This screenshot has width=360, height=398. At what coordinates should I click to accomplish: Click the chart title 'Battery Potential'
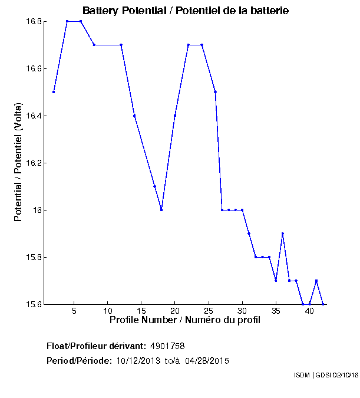pos(186,11)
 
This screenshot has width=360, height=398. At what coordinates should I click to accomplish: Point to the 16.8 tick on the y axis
pos(34,21)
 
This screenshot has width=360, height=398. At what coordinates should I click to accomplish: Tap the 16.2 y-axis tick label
pos(34,163)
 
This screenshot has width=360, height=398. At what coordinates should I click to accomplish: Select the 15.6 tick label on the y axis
pos(34,304)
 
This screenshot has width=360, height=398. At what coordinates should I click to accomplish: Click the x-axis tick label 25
pos(208,311)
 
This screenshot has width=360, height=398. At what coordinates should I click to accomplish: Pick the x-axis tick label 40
pos(309,311)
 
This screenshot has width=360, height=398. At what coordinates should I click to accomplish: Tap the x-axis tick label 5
pos(74,311)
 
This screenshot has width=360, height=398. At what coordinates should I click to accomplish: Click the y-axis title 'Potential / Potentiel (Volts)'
pos(18,163)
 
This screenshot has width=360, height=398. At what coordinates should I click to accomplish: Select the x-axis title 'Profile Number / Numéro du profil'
pos(184,320)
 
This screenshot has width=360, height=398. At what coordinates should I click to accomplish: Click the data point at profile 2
pos(54,92)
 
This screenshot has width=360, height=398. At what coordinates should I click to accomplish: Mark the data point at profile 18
pos(161,210)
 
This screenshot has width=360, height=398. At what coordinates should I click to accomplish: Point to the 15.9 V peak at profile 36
pos(283,233)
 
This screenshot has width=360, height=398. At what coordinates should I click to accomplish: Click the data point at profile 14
pos(134,116)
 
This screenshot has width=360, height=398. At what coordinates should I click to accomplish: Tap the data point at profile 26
pos(216,92)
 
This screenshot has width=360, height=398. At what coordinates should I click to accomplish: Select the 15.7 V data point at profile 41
pos(316,281)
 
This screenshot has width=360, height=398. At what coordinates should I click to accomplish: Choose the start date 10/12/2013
pos(137,360)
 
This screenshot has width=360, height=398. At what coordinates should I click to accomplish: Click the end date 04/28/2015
pos(207,360)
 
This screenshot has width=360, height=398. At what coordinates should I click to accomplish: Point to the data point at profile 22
pos(189,45)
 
